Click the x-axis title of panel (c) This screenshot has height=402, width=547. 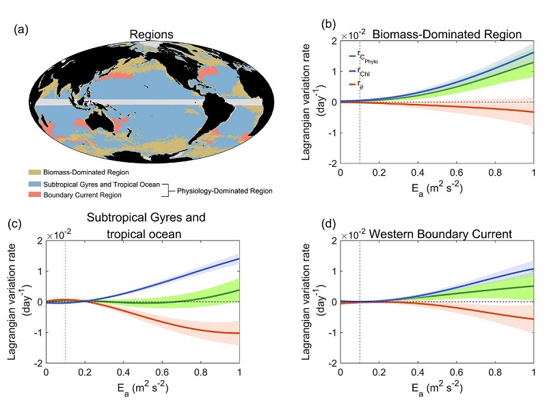(142, 388)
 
